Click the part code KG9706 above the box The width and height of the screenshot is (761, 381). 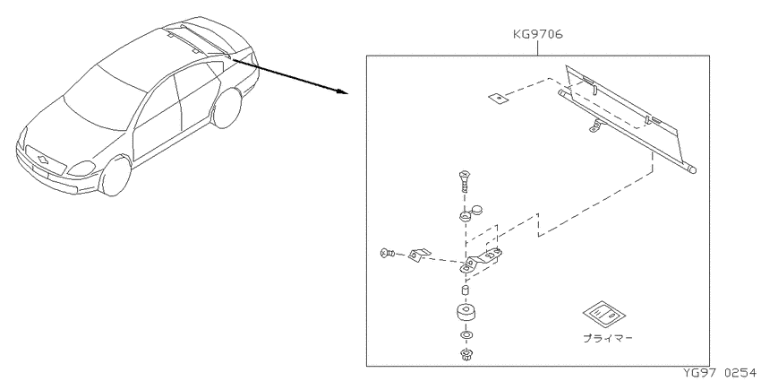pos(538,34)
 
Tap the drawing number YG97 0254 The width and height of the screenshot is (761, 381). pos(722,373)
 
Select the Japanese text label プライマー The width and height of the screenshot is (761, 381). pos(608,338)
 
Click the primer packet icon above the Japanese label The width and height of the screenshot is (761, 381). pos(603,314)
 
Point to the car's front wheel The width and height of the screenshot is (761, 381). pos(116,175)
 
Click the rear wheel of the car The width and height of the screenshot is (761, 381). pos(227,108)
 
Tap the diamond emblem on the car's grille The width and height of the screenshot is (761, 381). pos(43,158)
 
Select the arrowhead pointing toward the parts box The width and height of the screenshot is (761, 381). pos(341,91)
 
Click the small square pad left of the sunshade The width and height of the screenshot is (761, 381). pos(497,99)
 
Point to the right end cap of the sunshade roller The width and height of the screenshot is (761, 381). pos(694,169)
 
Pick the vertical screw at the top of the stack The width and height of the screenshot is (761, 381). pos(463,181)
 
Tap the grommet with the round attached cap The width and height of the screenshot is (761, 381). pos(469,212)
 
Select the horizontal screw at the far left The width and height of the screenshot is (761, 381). pos(388,253)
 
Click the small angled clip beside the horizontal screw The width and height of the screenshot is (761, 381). pos(419,255)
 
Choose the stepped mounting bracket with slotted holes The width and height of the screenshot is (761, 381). pos(481,262)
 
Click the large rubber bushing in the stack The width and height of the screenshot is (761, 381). pos(466,314)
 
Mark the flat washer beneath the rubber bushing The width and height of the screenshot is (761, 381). pos(466,335)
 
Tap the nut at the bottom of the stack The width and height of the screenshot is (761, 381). pos(466,356)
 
